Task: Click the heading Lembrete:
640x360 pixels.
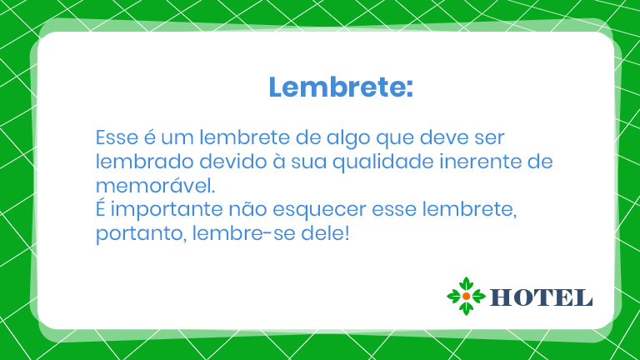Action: pos(341,87)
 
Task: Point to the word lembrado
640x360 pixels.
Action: pos(144,161)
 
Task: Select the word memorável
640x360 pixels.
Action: pos(155,185)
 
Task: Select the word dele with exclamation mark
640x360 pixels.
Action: pos(325,233)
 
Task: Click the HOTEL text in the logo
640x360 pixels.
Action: pos(541,297)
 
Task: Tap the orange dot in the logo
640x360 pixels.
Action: pos(466,297)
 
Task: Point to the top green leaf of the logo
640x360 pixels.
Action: pos(466,284)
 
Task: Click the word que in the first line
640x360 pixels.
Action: pos(395,139)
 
